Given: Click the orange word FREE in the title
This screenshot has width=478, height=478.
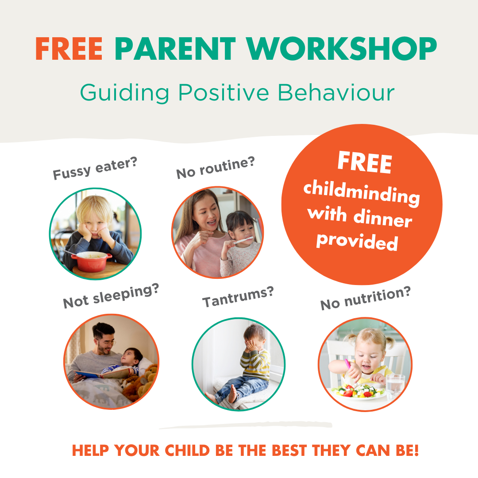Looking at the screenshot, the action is (69, 49).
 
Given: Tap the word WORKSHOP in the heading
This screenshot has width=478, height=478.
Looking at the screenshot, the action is (342, 49).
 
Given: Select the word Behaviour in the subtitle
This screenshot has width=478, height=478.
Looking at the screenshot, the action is (336, 92).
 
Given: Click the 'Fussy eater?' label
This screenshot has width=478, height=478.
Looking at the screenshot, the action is (95, 168).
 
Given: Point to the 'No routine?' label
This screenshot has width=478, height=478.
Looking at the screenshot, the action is (216, 167).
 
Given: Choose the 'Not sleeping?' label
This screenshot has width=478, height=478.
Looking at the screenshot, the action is (111, 296).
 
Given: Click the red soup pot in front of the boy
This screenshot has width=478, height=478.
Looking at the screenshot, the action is (92, 261).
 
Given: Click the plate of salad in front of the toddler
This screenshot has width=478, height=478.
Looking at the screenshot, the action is (357, 392).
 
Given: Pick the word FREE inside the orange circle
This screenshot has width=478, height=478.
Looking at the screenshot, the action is (365, 162).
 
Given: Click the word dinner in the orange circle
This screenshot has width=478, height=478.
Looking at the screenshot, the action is (382, 218).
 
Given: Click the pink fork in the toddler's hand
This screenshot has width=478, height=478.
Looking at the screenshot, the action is (349, 367).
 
